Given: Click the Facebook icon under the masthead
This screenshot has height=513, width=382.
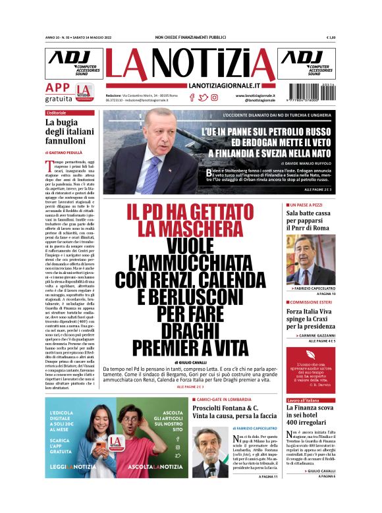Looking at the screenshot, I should coord(192,97).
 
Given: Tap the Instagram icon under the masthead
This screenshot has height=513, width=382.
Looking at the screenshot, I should coord(214,97).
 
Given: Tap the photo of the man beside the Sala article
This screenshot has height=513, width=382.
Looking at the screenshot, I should coord(310,259).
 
